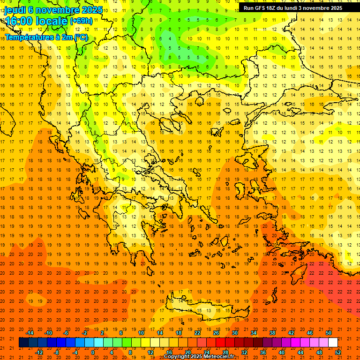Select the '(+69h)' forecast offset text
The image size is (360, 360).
(x=82, y=21)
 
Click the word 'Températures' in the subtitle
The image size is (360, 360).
(x=27, y=37)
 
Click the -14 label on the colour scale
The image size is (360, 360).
(x=30, y=333)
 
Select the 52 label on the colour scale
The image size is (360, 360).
(x=338, y=352)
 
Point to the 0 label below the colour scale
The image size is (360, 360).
(x=93, y=352)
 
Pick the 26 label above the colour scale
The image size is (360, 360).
(x=216, y=333)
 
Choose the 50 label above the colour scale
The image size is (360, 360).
(x=329, y=333)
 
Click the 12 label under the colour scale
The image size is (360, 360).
(x=150, y=352)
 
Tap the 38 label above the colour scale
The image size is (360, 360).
(x=272, y=333)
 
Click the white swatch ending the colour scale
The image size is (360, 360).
(x=333, y=343)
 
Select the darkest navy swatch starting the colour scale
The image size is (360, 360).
(x=23, y=343)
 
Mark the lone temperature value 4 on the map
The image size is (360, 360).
(x=172, y=38)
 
